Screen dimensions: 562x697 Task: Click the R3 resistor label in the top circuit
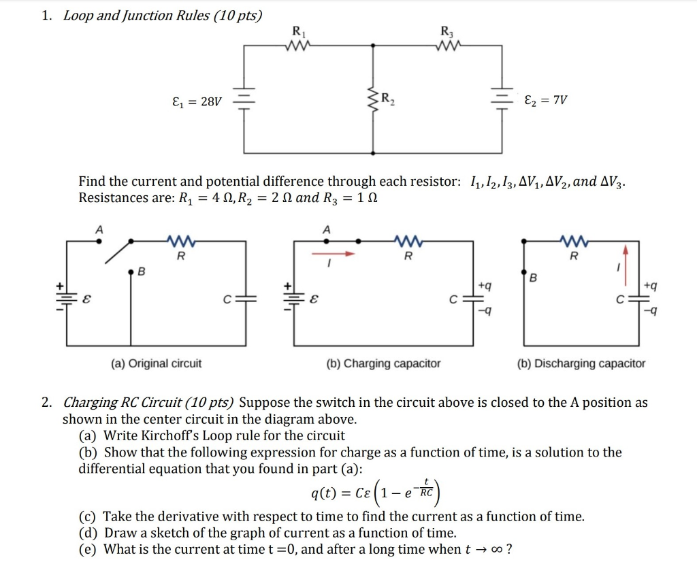click(447, 31)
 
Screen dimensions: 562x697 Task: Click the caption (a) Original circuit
click(157, 363)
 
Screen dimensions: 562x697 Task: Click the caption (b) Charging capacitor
click(383, 363)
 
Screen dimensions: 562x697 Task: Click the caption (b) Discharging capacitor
click(581, 363)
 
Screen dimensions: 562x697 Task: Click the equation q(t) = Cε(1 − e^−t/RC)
click(375, 489)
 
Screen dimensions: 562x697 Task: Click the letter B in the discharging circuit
click(534, 278)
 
